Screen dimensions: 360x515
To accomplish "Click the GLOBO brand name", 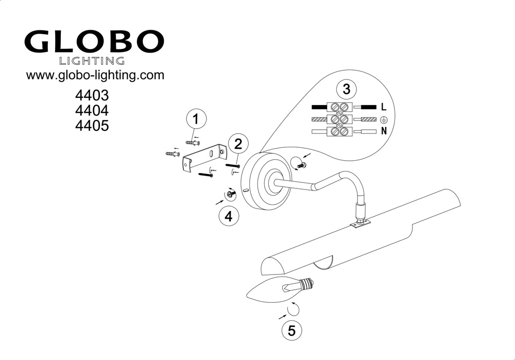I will click(94, 42).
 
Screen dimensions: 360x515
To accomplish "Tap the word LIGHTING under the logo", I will click(93, 61).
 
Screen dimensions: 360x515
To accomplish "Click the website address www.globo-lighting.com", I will click(95, 75).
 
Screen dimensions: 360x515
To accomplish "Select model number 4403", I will click(93, 96).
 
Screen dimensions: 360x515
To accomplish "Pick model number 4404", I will click(93, 111).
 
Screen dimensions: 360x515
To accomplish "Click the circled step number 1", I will click(196, 119).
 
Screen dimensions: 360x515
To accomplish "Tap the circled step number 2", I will click(237, 144).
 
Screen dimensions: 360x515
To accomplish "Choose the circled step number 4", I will click(229, 216).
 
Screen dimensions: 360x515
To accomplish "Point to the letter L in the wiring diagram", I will click(383, 108).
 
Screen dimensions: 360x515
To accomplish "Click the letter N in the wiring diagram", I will click(383, 131).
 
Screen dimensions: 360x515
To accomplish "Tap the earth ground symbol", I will click(384, 119).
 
